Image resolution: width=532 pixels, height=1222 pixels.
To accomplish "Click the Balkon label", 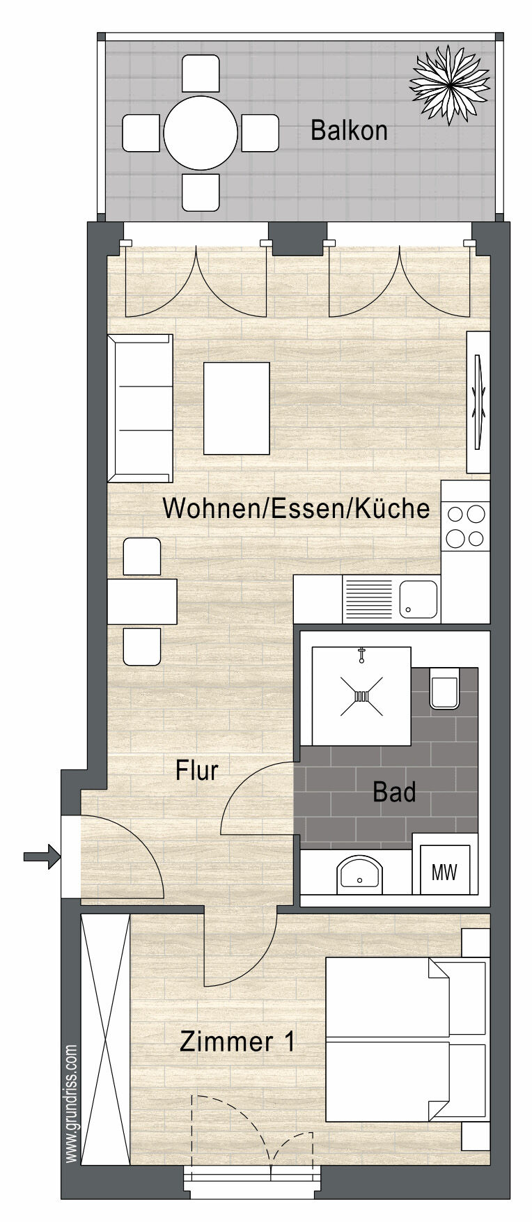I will pos(349,131).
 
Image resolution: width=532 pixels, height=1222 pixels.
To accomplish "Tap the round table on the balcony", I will pos(201,132).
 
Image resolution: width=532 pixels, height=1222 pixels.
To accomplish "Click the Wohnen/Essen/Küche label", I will pos(295,508).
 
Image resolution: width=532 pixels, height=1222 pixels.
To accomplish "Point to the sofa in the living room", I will pos(140,408).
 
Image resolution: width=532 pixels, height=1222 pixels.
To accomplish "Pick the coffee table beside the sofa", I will pos(236,407).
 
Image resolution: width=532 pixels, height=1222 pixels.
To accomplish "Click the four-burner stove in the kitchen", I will pos(466,526).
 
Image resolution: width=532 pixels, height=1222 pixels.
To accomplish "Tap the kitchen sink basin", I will pos(418,600).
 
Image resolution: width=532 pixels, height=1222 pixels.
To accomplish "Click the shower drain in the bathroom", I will pos(361,696).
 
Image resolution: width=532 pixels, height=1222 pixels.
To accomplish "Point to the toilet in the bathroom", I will pos(444,688).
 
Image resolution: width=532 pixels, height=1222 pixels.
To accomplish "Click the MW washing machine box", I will pos(444,872).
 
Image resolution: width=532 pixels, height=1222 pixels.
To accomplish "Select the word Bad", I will pos(394,792).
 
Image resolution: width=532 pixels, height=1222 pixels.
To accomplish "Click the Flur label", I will pos(197,770).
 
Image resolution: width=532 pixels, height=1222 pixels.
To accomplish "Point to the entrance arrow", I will pos(41,856).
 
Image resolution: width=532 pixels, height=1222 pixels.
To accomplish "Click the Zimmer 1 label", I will pos(237,1042).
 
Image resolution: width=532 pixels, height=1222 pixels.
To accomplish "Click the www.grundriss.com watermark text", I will pos(72,1103).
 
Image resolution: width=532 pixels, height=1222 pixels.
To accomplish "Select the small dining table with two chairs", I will pos(142,602).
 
